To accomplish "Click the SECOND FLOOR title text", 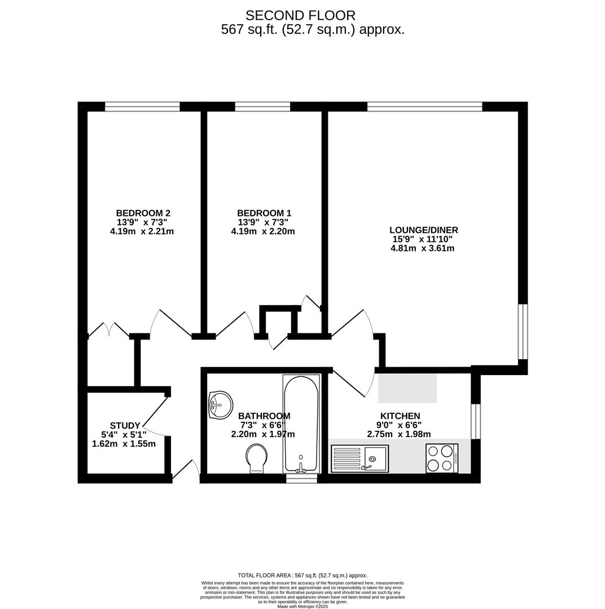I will pos(300,15).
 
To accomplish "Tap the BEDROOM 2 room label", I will pos(143,213).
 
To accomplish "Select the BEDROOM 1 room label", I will pos(264,213).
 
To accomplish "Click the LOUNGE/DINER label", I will pos(423,230).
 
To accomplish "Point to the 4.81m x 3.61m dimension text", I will pos(422,248).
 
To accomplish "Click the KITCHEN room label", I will pos(400,416).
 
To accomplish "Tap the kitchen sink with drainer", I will pos(360,458).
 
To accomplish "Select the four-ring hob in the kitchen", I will pos(441,458).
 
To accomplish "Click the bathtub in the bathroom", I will pos(301,423).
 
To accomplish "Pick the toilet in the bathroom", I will pos(257,458).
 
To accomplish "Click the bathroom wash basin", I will pos(221,404).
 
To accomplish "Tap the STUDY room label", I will pos(125,426).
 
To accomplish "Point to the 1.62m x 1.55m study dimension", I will pos(124,444).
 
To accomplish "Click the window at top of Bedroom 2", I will pos(142,107).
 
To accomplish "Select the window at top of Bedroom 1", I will pos(262,107).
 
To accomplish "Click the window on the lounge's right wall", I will pos(523,332).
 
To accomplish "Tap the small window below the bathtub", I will pos(301,479).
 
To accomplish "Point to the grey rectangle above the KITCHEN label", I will pos(407,388).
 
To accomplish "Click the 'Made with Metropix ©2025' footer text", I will pos(302,606).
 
